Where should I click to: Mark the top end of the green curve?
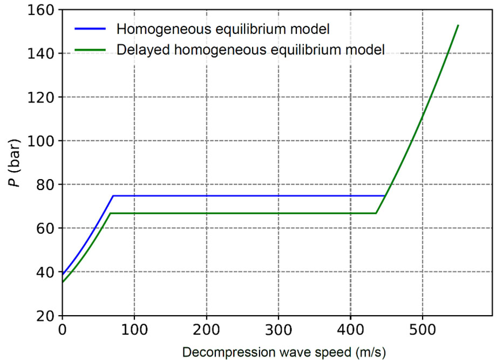point(458,25)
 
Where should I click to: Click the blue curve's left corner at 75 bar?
point(113,196)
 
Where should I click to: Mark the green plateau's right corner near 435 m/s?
point(376,213)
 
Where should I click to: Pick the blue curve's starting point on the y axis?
point(63,274)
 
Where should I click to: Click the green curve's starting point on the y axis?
point(63,282)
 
